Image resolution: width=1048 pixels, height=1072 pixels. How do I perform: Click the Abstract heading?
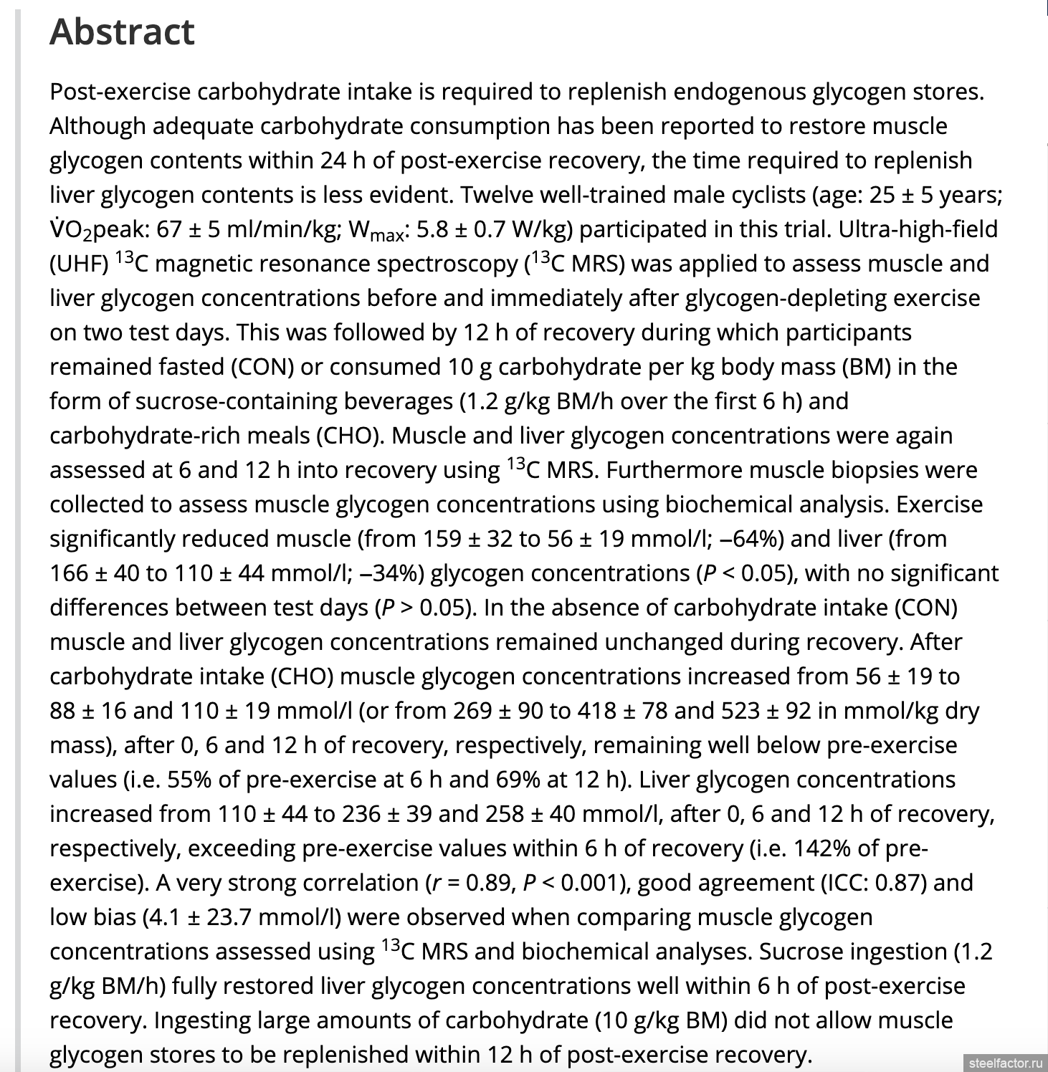[122, 32]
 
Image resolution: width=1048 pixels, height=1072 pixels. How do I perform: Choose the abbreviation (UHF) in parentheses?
[79, 264]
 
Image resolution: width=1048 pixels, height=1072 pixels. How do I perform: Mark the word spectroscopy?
[446, 264]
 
